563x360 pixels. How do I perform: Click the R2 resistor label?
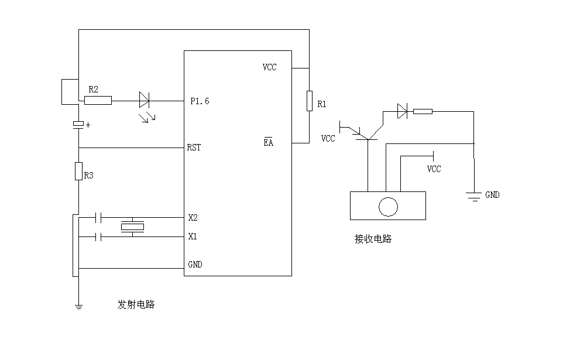pyautogui.click(x=93, y=89)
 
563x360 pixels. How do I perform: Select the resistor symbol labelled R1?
pyautogui.click(x=308, y=101)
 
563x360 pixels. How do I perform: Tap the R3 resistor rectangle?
pyautogui.click(x=78, y=171)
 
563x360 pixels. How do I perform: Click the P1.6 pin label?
pyautogui.click(x=200, y=101)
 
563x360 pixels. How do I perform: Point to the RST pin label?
pyautogui.click(x=194, y=148)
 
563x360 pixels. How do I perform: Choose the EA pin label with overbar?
pyautogui.click(x=268, y=143)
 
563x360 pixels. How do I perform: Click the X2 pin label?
pyautogui.click(x=193, y=218)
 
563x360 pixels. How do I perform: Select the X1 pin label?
pyautogui.click(x=193, y=236)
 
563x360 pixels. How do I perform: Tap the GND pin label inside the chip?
pyautogui.click(x=195, y=265)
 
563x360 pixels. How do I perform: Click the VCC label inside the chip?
pyautogui.click(x=269, y=67)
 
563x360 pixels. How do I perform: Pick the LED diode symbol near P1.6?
pyautogui.click(x=145, y=101)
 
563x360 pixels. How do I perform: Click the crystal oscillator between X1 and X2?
pyautogui.click(x=133, y=227)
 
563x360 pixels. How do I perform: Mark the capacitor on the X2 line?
pyautogui.click(x=98, y=218)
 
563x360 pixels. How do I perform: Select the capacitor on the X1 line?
pyautogui.click(x=98, y=236)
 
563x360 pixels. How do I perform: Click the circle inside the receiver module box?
pyautogui.click(x=388, y=207)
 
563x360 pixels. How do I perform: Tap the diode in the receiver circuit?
pyautogui.click(x=402, y=111)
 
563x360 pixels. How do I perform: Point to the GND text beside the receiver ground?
pyautogui.click(x=492, y=195)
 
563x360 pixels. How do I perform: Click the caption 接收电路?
pyautogui.click(x=373, y=238)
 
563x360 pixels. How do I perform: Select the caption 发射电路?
pyautogui.click(x=136, y=304)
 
